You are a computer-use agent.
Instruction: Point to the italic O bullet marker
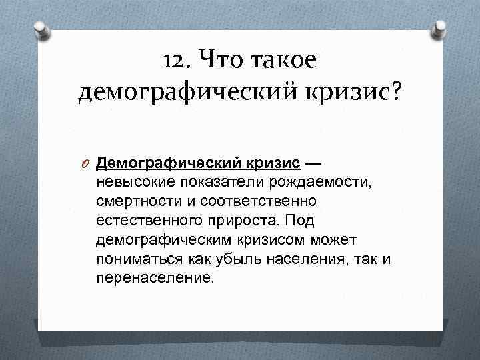point(85,163)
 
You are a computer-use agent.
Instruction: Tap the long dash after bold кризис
point(313,163)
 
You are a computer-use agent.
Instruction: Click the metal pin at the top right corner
point(440,30)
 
